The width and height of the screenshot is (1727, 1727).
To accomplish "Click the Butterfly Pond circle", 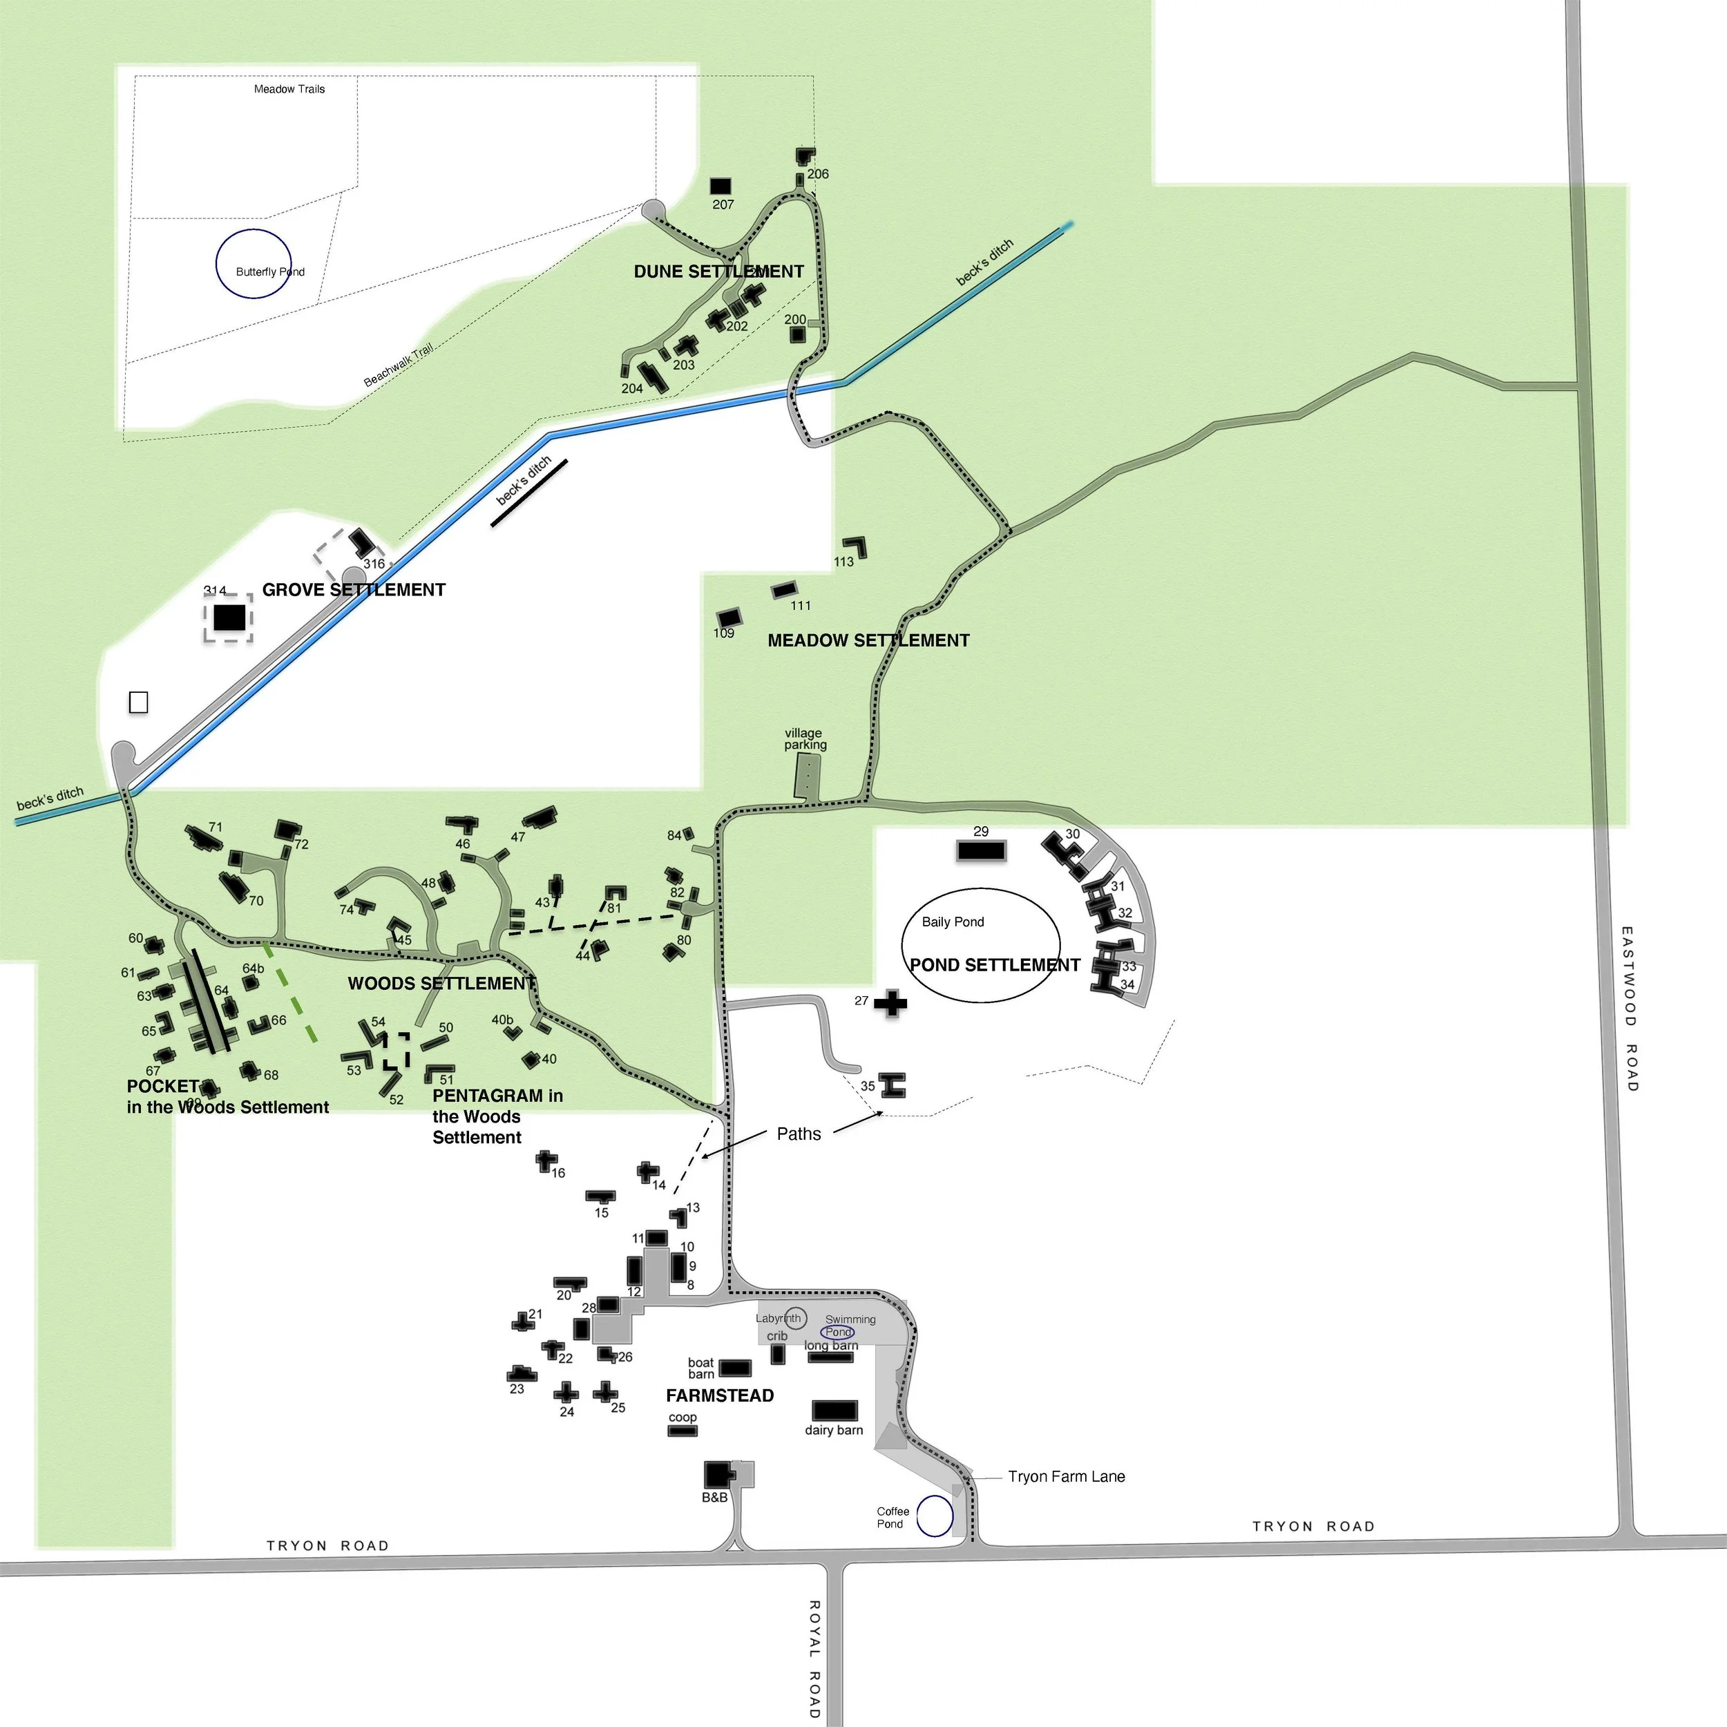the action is coord(254,264).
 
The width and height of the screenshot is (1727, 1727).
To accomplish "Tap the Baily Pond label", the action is coord(952,922).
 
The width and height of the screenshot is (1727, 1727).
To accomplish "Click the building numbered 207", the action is coord(721,186).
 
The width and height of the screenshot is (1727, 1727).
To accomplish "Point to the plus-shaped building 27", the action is coord(890,1003).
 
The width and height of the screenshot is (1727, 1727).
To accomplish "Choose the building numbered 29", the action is coord(981,850).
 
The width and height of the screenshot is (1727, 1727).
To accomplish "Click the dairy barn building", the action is coord(834,1411).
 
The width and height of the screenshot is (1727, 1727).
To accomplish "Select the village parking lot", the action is coord(807,776).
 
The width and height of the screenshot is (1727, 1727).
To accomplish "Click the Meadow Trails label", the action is coord(289,89).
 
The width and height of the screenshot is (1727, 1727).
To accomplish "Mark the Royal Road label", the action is coord(814,1658).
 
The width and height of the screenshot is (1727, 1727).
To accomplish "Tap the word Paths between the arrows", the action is coord(799,1134).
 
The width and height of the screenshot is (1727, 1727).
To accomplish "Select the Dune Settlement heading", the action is coord(718,271).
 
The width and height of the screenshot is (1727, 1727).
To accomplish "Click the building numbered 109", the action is coord(729,618).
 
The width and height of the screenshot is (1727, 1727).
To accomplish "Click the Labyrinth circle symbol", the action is coord(794,1317).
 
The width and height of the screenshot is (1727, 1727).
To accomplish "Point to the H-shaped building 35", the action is coord(893,1085).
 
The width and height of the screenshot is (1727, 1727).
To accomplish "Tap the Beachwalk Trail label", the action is coord(398,365).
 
